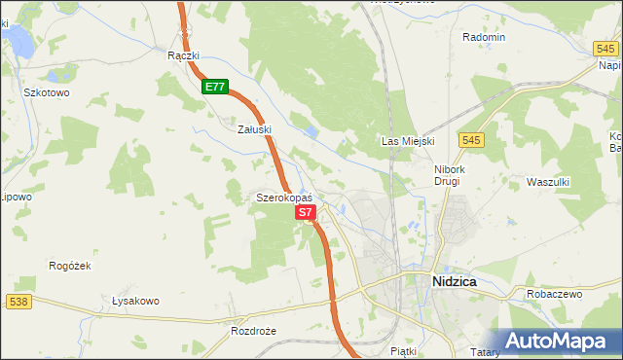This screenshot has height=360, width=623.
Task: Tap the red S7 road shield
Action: [x=305, y=211]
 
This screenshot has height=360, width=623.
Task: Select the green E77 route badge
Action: [x=215, y=87]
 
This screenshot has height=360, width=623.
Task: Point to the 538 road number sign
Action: [x=18, y=303]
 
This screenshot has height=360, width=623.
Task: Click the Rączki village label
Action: [x=183, y=55]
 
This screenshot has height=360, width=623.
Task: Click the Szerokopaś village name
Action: [x=283, y=198]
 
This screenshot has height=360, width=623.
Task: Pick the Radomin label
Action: [x=484, y=37]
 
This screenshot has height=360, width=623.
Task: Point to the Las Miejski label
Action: [x=406, y=142]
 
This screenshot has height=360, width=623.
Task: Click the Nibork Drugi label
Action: [x=453, y=174]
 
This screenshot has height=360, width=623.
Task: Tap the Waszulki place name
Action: [x=547, y=182]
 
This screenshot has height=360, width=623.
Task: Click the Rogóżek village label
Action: [x=69, y=265]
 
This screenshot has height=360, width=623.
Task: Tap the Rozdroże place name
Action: [x=254, y=331]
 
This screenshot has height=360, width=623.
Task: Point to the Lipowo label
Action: [x=16, y=196]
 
